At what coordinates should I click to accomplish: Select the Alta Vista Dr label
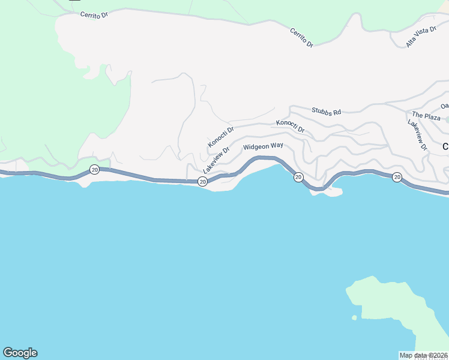tap(421, 37)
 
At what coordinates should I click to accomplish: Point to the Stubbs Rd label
tap(326, 111)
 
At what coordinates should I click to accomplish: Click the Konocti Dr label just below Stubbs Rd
tap(291, 126)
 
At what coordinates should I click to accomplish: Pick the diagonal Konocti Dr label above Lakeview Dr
tap(220, 137)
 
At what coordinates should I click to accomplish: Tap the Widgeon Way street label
tap(263, 146)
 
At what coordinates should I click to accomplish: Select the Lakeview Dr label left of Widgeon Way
tap(216, 161)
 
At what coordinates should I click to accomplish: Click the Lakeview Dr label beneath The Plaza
tap(417, 134)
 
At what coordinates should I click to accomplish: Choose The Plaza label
tap(426, 115)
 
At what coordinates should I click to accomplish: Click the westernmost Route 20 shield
tap(94, 170)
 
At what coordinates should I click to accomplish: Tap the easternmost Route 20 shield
tap(397, 177)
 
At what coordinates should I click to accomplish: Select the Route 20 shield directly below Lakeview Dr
tap(203, 181)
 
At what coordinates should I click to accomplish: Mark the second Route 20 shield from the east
tap(298, 177)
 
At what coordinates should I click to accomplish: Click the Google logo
tap(20, 353)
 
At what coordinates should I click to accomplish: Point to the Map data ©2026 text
tap(424, 355)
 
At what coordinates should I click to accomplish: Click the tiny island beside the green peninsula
tap(354, 317)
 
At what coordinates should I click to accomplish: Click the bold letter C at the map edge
tap(445, 146)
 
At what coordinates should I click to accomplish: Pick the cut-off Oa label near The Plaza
tap(444, 106)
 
